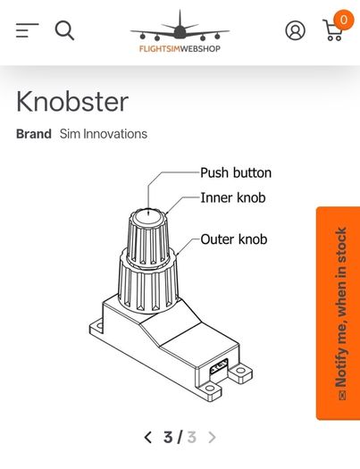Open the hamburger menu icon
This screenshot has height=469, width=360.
click(27, 30)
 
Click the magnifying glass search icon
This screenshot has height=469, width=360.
click(64, 30)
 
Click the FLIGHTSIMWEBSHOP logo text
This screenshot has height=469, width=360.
click(180, 48)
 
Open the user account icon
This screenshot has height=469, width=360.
click(296, 30)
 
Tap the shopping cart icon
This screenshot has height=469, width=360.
click(332, 29)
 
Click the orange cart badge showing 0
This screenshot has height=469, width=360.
click(344, 20)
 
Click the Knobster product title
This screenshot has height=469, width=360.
click(72, 102)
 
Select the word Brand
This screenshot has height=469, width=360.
click(34, 134)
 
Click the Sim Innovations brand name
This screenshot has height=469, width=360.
click(104, 134)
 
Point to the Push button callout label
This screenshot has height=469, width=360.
click(236, 173)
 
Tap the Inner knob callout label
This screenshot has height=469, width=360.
click(233, 197)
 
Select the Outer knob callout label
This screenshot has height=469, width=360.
click(234, 239)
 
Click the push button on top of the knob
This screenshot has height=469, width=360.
click(148, 216)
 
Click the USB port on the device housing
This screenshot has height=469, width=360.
click(219, 366)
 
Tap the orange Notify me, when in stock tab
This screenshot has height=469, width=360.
click(338, 314)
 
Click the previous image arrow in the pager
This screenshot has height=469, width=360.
click(147, 438)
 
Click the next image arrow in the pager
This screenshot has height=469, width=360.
click(212, 438)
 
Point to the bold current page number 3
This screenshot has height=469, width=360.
click(168, 438)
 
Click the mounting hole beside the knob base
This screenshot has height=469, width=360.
click(99, 326)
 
